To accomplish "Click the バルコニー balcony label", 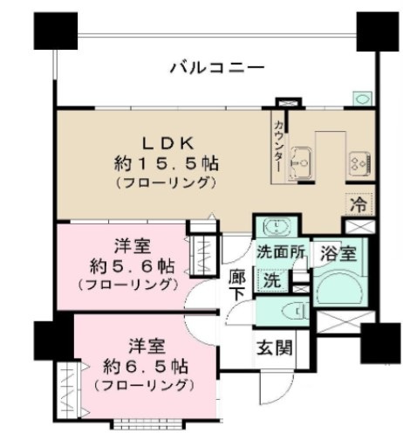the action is [x=217, y=68].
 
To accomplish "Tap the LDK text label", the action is [x=167, y=143].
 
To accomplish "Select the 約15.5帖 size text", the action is [x=167, y=163].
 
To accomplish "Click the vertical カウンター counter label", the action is [x=277, y=146].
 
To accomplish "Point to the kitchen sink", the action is [x=301, y=164].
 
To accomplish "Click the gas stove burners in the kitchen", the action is [x=359, y=164].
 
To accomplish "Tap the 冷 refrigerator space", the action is [x=359, y=203].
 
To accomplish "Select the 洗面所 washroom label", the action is [x=281, y=251].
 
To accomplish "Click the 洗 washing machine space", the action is [x=271, y=280].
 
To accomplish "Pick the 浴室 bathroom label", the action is [x=338, y=254].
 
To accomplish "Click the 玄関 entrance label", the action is [x=274, y=347].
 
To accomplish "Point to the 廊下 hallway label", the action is [x=237, y=285].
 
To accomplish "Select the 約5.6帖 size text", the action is [x=133, y=266].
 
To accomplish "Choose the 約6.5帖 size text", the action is [x=146, y=367].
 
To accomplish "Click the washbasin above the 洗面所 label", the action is [x=276, y=226].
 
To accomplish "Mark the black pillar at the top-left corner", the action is [x=56, y=31].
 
